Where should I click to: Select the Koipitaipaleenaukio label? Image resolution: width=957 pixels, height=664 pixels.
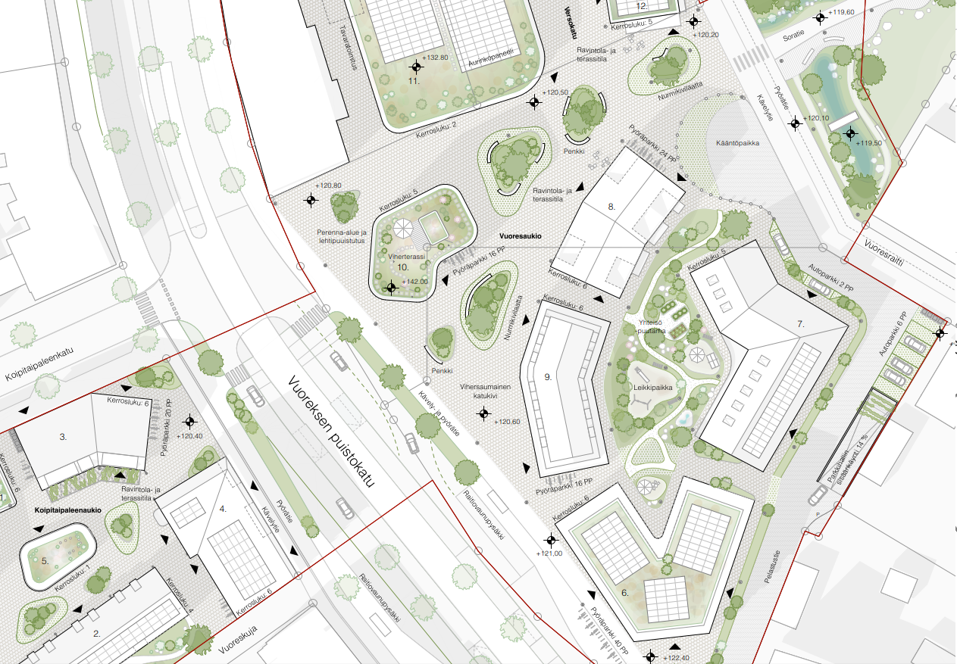coord(68,510)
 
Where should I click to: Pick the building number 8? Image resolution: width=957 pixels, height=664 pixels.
coord(612,205)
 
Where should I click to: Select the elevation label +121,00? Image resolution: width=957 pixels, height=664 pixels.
coord(550,553)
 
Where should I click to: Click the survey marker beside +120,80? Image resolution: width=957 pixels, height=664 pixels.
coord(311,201)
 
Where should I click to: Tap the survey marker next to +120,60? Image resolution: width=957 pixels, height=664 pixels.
coord(483,413)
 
